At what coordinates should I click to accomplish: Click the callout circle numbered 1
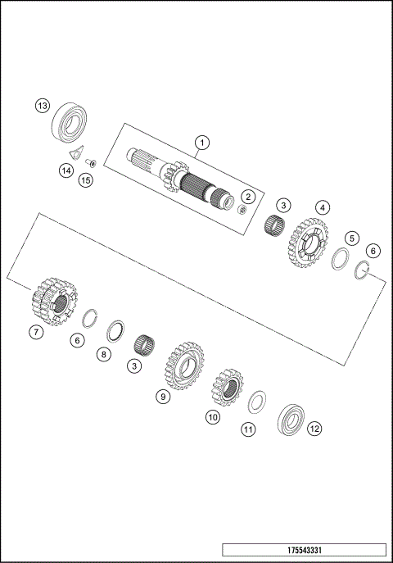tap(201, 143)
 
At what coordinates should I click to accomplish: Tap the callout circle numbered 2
tap(248, 196)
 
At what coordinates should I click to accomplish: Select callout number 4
tap(323, 207)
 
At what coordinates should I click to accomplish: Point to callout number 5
tap(351, 238)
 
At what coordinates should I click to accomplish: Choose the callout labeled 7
tap(34, 333)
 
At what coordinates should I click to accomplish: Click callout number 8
tap(103, 355)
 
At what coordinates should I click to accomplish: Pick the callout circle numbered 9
tap(163, 396)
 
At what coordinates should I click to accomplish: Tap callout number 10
tap(213, 417)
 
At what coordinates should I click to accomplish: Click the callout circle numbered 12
tap(314, 427)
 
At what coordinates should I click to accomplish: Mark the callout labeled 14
tap(65, 170)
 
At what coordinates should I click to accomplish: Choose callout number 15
tap(86, 179)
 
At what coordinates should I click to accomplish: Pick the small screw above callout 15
tap(92, 162)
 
